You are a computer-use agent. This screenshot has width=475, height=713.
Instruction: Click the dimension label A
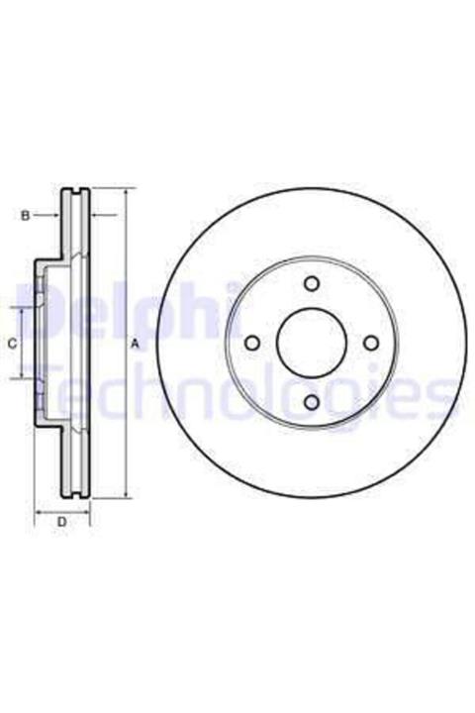tap(135, 345)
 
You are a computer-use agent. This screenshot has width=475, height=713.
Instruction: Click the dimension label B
tap(26, 216)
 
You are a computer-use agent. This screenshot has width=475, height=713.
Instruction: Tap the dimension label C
tap(13, 344)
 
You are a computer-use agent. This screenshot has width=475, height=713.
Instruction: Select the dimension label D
tap(62, 522)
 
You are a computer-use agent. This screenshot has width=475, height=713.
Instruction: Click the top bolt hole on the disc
tap(312, 284)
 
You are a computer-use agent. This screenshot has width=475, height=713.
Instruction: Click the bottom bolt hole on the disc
tap(312, 402)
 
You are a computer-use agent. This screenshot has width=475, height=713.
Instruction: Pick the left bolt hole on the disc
tap(252, 344)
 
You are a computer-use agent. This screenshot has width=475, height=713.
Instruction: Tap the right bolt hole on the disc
tap(371, 343)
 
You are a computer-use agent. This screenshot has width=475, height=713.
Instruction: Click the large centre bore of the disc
tap(312, 343)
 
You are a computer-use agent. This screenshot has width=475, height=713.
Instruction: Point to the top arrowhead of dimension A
tap(127, 191)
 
